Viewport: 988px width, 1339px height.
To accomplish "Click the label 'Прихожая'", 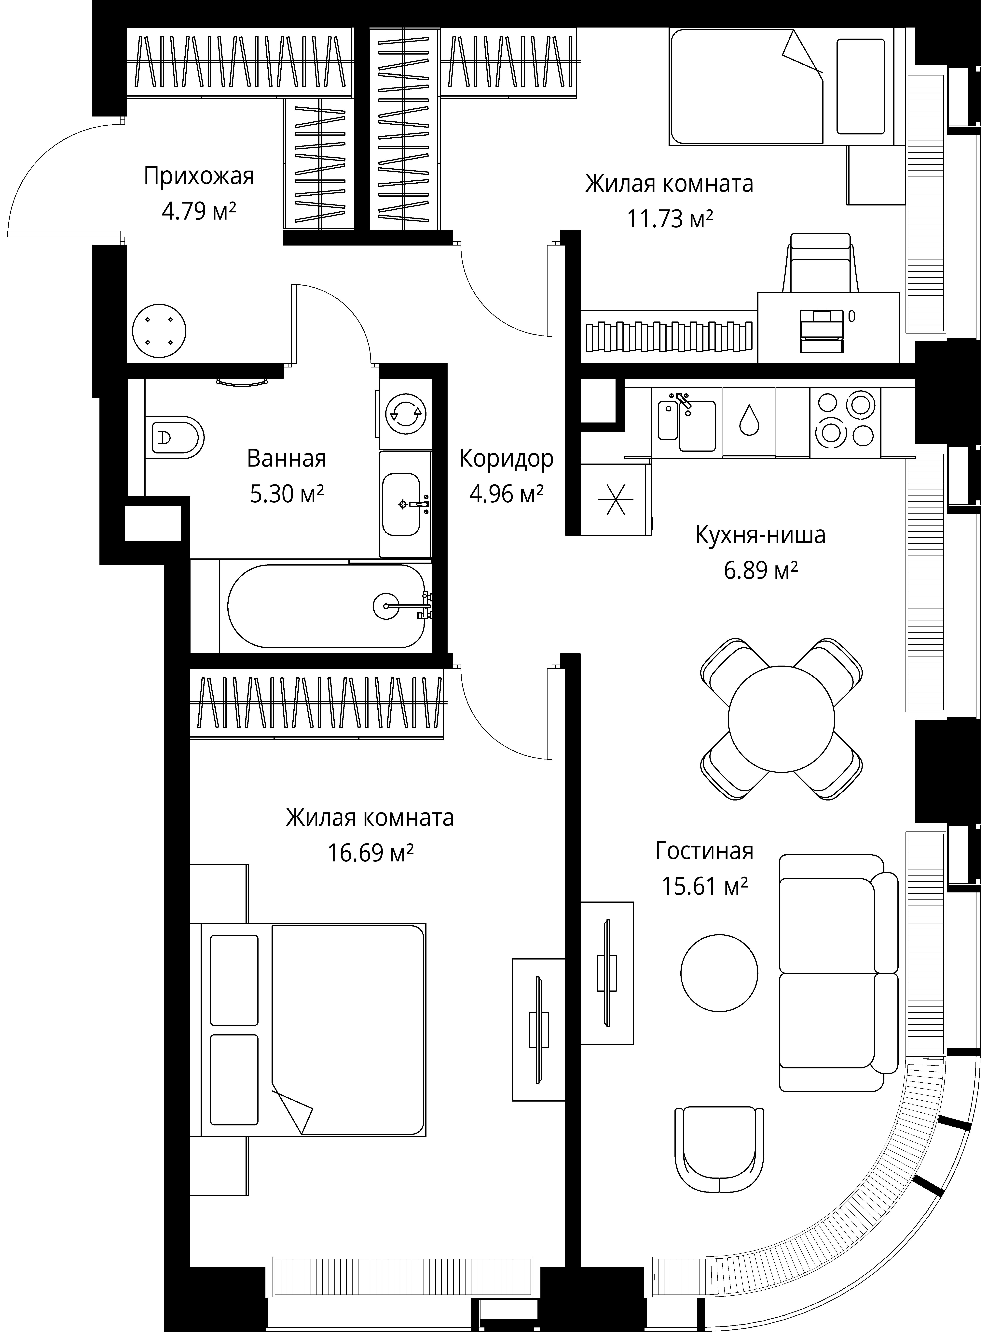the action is click(199, 176).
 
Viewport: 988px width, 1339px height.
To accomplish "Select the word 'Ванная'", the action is click(287, 459).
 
